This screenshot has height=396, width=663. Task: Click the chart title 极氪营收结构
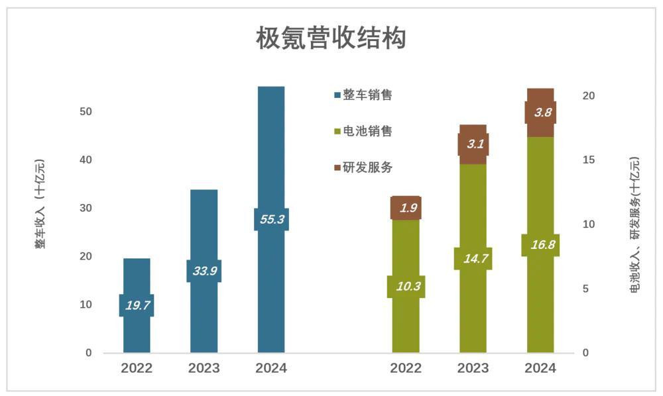[x=331, y=38]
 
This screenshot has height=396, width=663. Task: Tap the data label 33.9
[x=204, y=271]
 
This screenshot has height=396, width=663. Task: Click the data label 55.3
[x=271, y=219]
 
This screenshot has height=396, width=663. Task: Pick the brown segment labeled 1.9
[x=406, y=208]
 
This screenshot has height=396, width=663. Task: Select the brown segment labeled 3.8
[x=540, y=112]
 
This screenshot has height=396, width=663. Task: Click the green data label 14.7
[x=473, y=258]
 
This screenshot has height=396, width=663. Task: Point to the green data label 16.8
[x=540, y=245]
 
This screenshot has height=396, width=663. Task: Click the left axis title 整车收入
[x=41, y=204]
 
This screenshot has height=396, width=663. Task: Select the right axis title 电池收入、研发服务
[x=634, y=225]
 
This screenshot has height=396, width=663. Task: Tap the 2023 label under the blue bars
[x=204, y=368]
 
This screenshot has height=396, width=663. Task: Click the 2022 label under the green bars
[x=406, y=368]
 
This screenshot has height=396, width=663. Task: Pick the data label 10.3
[x=406, y=287]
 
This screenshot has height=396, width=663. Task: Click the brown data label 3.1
[x=473, y=144]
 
